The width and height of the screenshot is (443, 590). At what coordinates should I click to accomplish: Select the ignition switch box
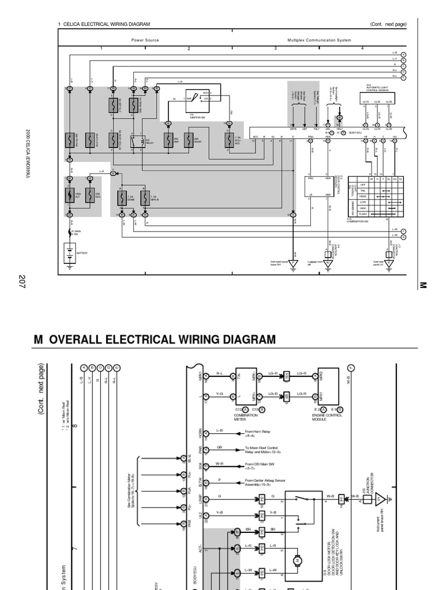[x=197, y=100]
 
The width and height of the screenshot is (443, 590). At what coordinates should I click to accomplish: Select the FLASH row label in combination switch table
[x=363, y=214]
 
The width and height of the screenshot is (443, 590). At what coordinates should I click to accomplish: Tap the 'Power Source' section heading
[x=145, y=40]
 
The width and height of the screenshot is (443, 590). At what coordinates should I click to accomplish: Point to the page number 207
[x=22, y=282]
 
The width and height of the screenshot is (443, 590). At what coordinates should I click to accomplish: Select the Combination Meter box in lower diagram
[x=245, y=385]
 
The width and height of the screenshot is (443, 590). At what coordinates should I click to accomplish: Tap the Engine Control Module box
[x=329, y=385]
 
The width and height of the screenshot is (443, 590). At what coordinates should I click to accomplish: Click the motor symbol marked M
[x=298, y=559]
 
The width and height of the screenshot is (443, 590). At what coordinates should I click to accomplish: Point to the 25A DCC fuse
[x=89, y=195]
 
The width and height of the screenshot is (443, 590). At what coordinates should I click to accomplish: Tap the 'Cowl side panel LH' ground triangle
[x=389, y=264]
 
